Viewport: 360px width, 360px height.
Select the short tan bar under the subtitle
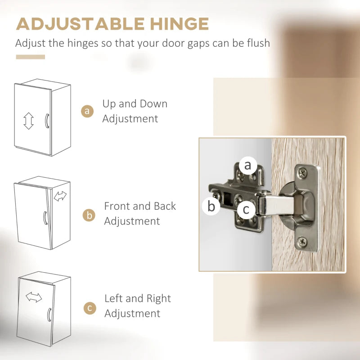31,57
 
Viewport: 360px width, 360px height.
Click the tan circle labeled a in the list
87,111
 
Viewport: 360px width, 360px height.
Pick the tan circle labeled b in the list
89,215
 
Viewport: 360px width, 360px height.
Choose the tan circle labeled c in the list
90,308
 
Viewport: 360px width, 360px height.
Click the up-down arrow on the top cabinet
28,121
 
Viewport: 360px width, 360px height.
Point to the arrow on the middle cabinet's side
60,196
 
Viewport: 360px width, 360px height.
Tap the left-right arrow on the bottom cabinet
34,297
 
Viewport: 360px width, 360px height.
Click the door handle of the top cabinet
46,121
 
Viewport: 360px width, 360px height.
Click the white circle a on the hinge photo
247,165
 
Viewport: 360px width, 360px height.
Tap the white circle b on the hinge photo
211,207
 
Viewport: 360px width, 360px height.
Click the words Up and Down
135,104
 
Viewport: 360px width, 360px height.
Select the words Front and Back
140,206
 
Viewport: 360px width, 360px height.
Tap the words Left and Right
138,298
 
